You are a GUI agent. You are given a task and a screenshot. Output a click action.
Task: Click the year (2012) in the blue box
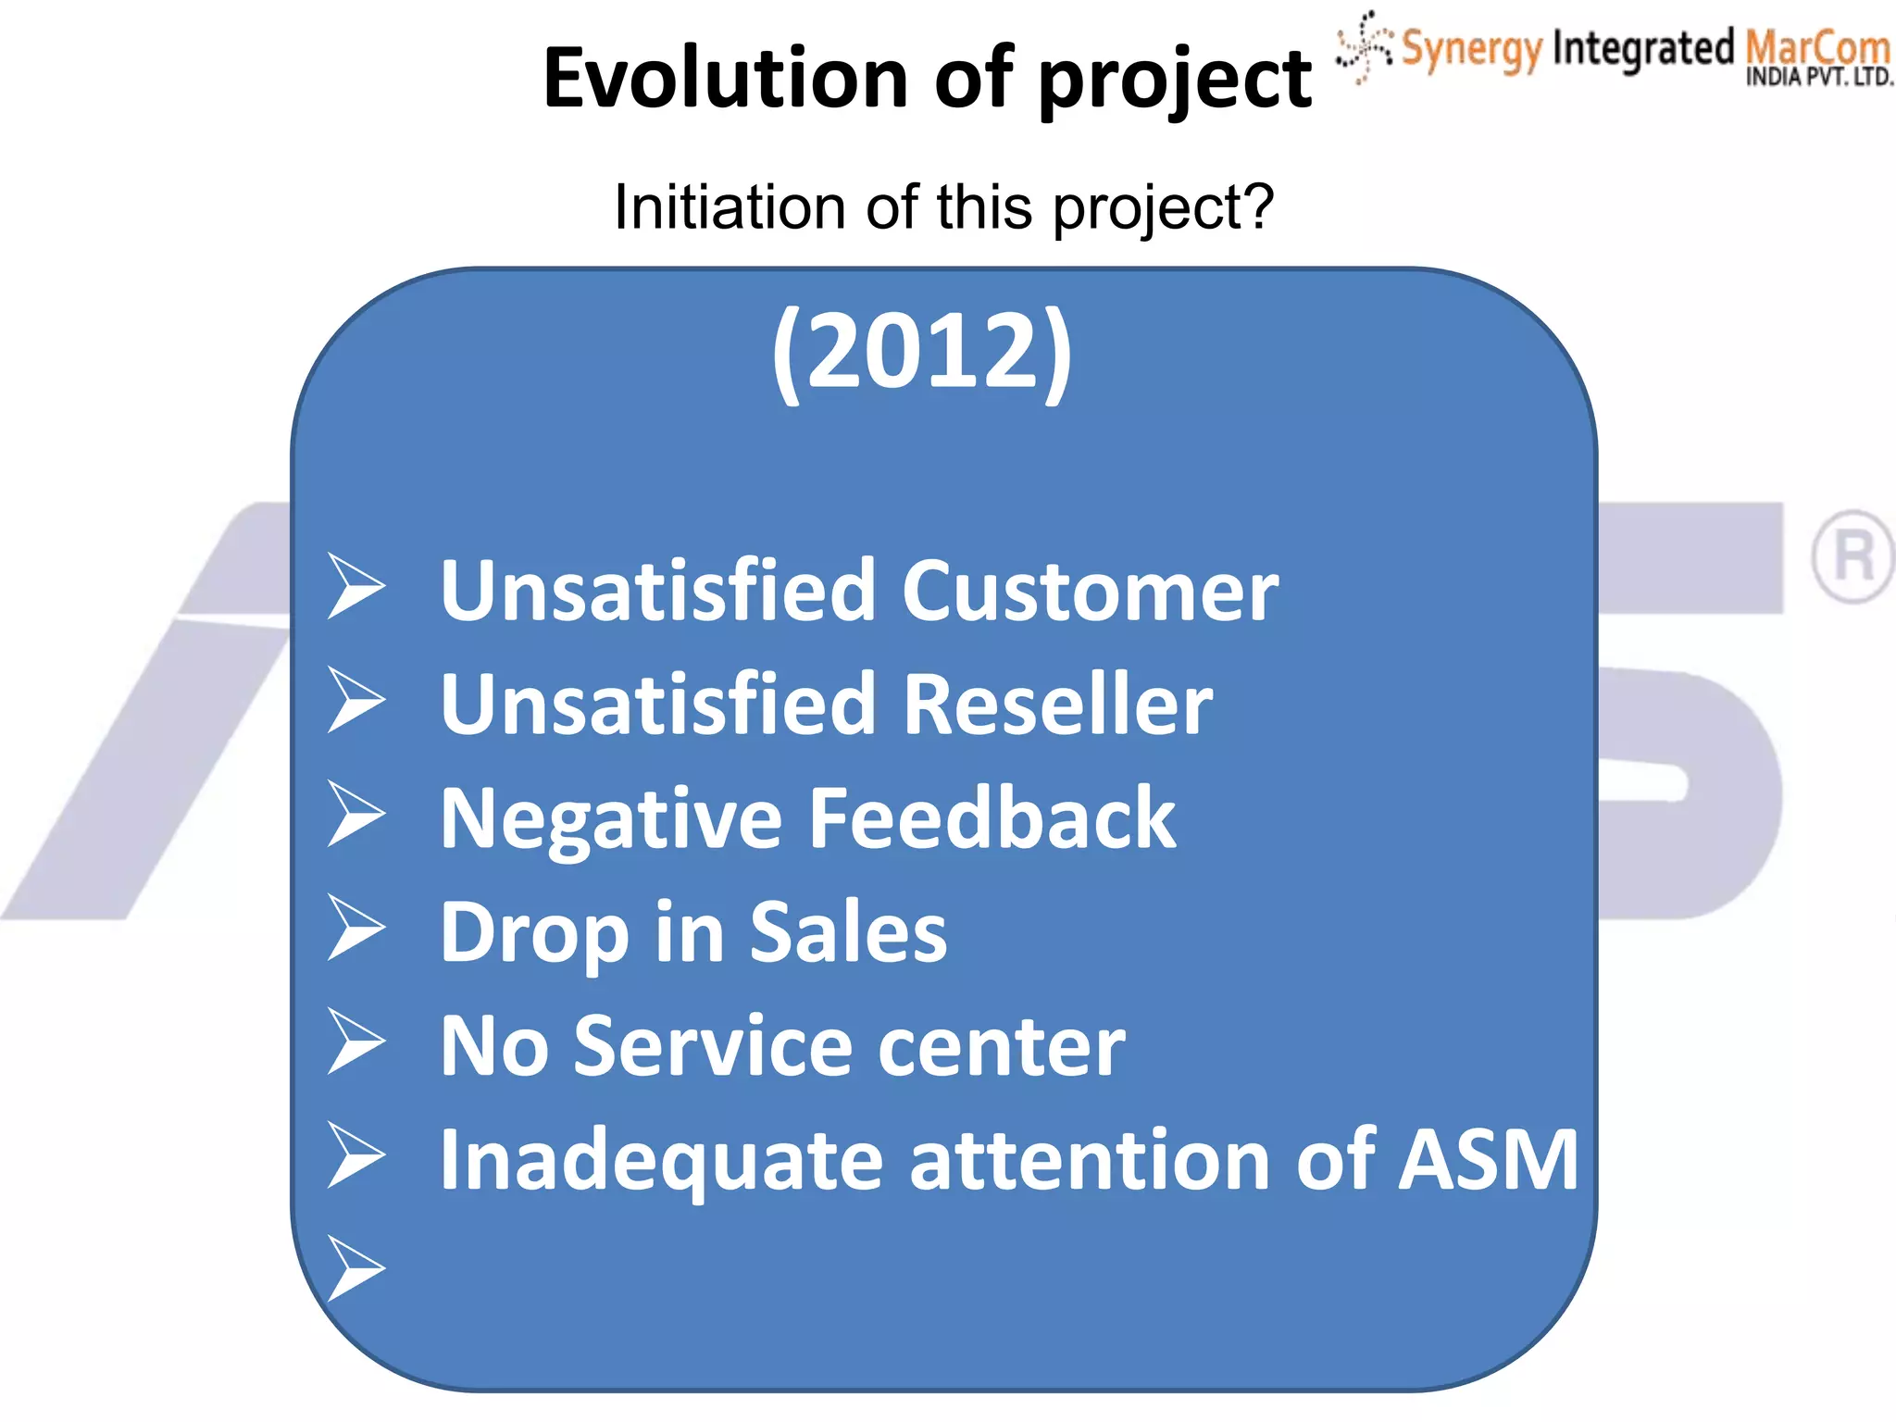point(922,352)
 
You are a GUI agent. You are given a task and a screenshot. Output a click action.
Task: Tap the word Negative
point(611,819)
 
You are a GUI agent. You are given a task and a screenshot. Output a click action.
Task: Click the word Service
point(713,1046)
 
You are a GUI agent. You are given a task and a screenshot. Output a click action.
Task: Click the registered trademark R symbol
point(1852,556)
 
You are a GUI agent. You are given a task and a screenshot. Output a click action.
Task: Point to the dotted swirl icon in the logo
point(1364,46)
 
